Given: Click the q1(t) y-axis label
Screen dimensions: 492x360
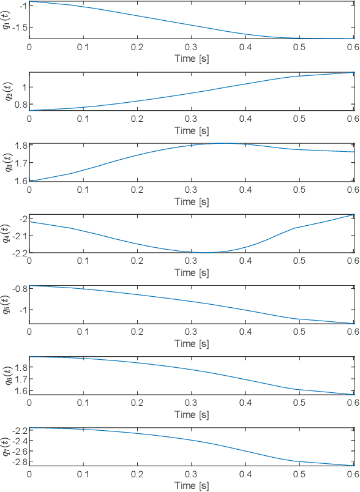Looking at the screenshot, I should [7, 20].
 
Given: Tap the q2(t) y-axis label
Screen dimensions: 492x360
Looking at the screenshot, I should [7, 91].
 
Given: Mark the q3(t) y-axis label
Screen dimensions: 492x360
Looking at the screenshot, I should [7, 162].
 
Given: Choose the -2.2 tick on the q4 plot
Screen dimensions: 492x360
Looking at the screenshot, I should [18, 252].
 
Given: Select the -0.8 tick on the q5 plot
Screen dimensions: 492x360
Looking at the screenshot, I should [18, 289].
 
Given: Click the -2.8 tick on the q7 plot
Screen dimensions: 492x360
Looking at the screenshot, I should [18, 461].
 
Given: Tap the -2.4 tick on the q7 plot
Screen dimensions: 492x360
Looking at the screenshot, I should [18, 441].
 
